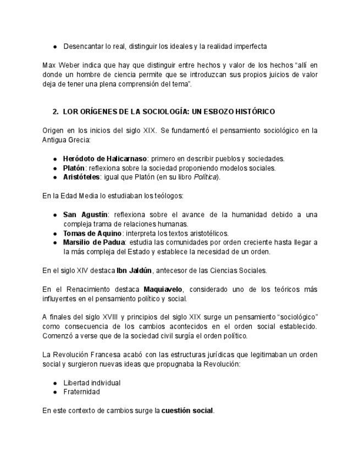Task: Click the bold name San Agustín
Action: click(x=85, y=214)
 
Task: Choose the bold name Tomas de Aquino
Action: click(x=92, y=233)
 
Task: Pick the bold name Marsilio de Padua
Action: click(x=94, y=242)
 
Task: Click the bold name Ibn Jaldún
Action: click(x=134, y=270)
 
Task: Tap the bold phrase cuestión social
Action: click(x=187, y=410)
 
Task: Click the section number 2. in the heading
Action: click(x=56, y=112)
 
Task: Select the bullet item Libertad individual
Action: click(x=92, y=382)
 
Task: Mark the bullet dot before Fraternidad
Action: click(x=55, y=392)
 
